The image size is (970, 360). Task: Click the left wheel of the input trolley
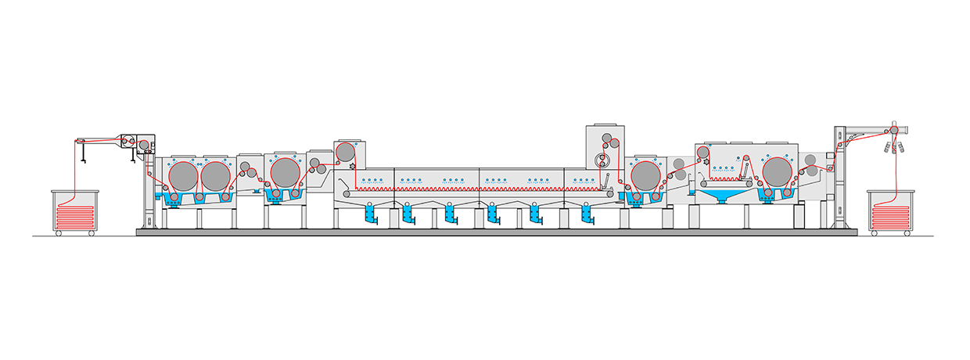[59, 232]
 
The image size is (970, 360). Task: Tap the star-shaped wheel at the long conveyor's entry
[353, 167]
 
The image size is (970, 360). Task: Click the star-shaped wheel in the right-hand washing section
[706, 160]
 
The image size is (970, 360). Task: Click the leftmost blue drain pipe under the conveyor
[369, 214]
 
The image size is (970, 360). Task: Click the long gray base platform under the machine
[497, 232]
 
